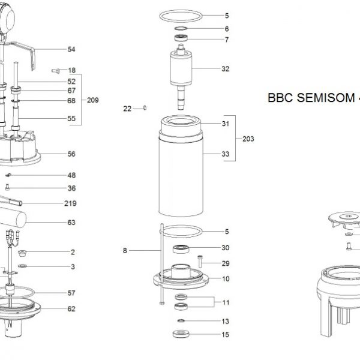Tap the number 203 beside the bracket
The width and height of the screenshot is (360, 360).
(248, 139)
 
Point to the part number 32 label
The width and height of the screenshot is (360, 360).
(226, 69)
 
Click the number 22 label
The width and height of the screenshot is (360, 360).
(127, 109)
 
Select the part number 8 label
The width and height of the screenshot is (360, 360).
(125, 251)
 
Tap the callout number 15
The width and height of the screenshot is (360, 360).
(226, 334)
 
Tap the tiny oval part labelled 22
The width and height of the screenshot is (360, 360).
(145, 108)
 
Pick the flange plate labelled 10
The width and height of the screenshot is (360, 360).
(179, 279)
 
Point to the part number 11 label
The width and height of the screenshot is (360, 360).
(226, 302)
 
